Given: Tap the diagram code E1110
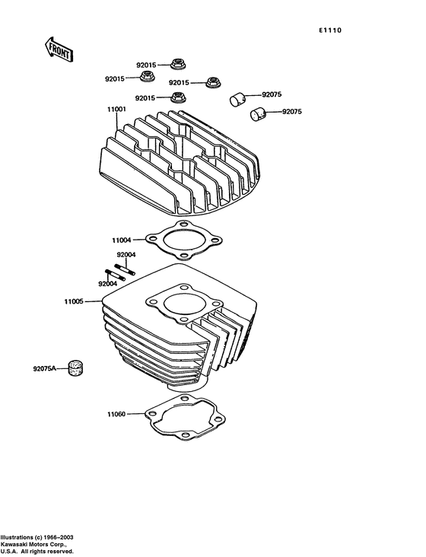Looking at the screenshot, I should click(x=330, y=30).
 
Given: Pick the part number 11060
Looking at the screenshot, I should click(x=116, y=415).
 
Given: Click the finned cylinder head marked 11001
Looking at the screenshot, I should click(x=183, y=164).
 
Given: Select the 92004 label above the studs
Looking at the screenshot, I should click(x=126, y=255).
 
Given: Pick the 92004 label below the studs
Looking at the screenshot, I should click(x=108, y=284).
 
